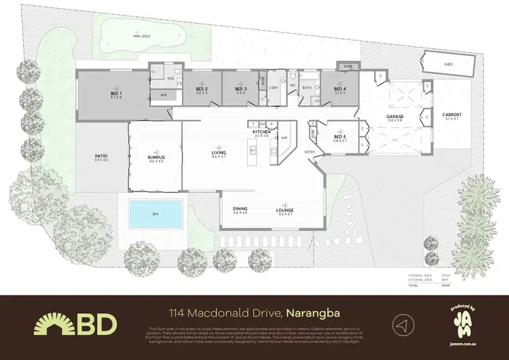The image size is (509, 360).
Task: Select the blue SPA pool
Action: pos(155,214)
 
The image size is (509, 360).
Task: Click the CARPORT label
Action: pos(452,116)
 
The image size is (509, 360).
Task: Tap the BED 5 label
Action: pos(340,137)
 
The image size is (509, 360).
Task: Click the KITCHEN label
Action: pos(262,132)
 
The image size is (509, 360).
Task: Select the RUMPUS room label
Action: pos(157,158)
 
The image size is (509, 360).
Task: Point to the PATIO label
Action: pos(102,158)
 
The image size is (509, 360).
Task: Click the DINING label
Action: pos(241,210)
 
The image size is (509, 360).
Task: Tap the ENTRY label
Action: pos(310,151)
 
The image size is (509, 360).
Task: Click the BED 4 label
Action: pos(340,90)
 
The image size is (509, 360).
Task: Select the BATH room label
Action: pos(307,88)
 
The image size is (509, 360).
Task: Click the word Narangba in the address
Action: pos(313,314)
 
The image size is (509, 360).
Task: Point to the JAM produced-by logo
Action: pos(464,323)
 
